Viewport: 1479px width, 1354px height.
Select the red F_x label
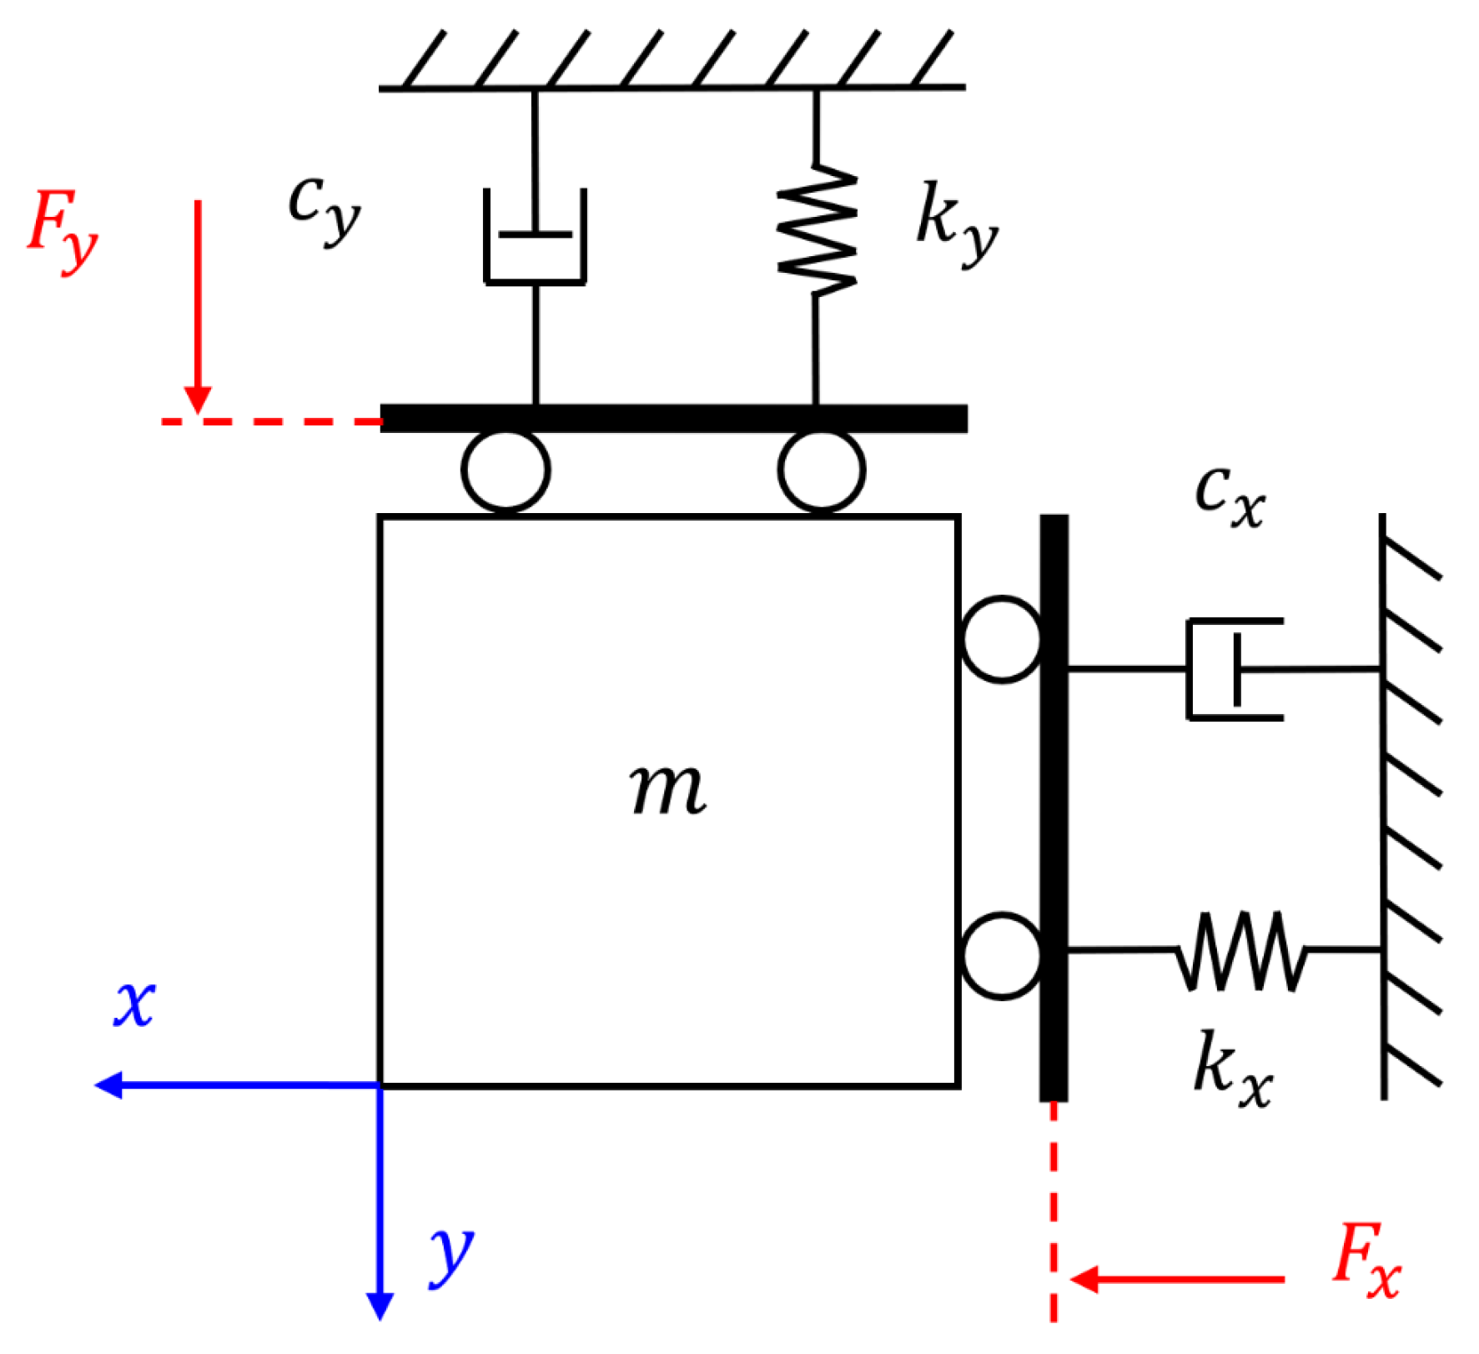(1366, 1261)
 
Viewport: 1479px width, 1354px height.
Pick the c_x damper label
(1230, 496)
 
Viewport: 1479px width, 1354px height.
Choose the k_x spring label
(1232, 1070)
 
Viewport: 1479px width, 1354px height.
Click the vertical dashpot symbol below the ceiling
(535, 238)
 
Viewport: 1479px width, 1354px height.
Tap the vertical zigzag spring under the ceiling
(817, 229)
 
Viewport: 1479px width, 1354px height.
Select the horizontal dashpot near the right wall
(1235, 669)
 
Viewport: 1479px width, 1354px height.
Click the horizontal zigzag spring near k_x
(1240, 950)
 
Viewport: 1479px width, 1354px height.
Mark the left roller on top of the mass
(506, 471)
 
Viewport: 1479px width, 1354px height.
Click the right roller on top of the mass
(822, 471)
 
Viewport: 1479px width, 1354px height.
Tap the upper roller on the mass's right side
(1001, 639)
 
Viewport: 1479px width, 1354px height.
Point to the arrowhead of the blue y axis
(380, 1305)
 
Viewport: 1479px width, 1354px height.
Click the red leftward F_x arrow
(1176, 1279)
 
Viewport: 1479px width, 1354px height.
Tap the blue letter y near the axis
(450, 1256)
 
